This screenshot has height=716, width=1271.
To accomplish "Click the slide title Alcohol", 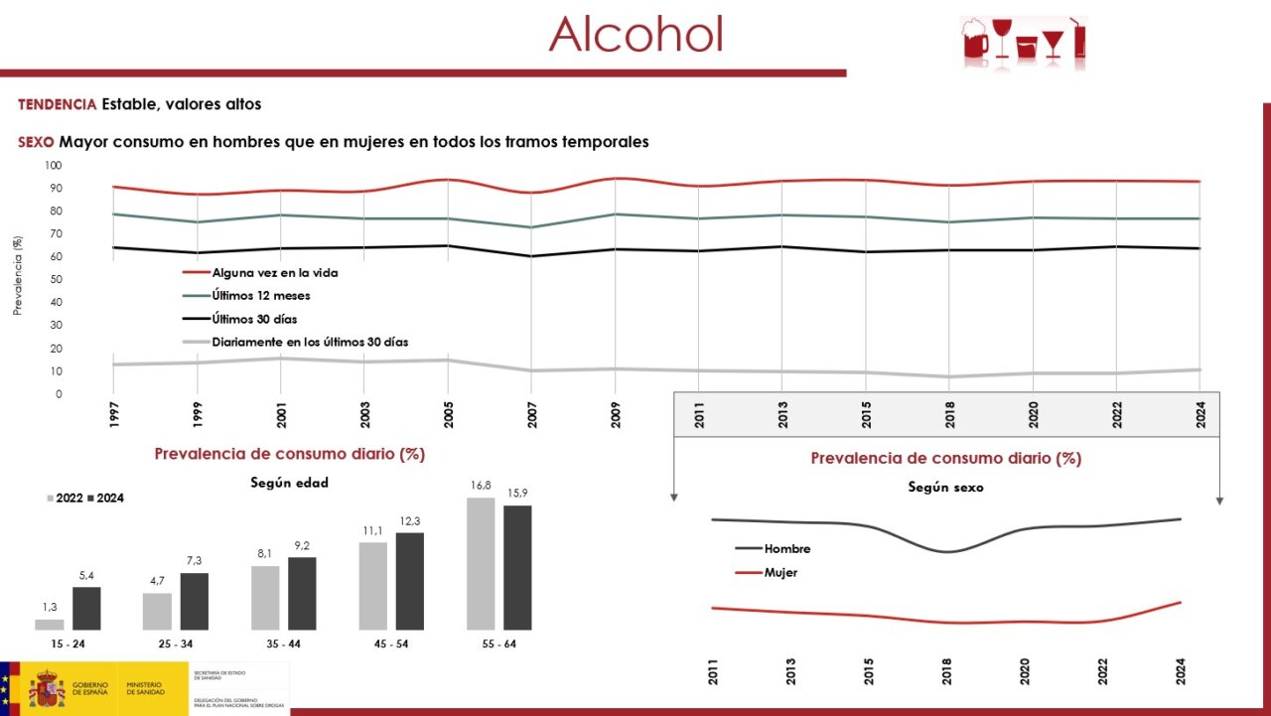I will coord(635,34).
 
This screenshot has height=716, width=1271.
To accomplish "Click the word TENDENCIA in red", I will coord(58,104).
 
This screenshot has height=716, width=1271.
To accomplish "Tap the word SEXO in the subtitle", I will coord(36,142).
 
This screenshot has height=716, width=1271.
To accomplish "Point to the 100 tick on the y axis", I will coord(53,166).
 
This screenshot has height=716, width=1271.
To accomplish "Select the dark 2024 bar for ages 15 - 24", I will coord(87,608).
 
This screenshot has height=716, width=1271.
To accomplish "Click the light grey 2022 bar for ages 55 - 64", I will coord(481,563).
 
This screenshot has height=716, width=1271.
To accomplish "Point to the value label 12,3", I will coord(410,522).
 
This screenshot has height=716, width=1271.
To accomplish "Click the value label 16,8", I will coord(481,486).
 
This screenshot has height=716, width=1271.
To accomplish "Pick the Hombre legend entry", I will coord(786,549).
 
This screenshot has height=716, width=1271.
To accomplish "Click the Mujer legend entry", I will coord(780,573).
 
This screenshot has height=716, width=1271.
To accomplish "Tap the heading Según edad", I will coord(288,484).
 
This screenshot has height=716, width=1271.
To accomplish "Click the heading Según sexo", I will coord(945,488).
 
